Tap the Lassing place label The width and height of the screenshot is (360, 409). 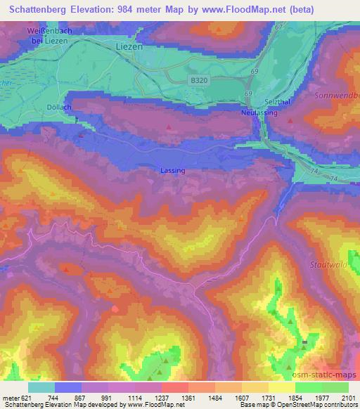[x=173, y=171]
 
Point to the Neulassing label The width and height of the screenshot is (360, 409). [x=259, y=112]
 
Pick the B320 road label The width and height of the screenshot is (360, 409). [x=200, y=82]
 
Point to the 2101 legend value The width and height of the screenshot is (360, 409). [x=348, y=397]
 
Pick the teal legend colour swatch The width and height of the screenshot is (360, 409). [x=41, y=387]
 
